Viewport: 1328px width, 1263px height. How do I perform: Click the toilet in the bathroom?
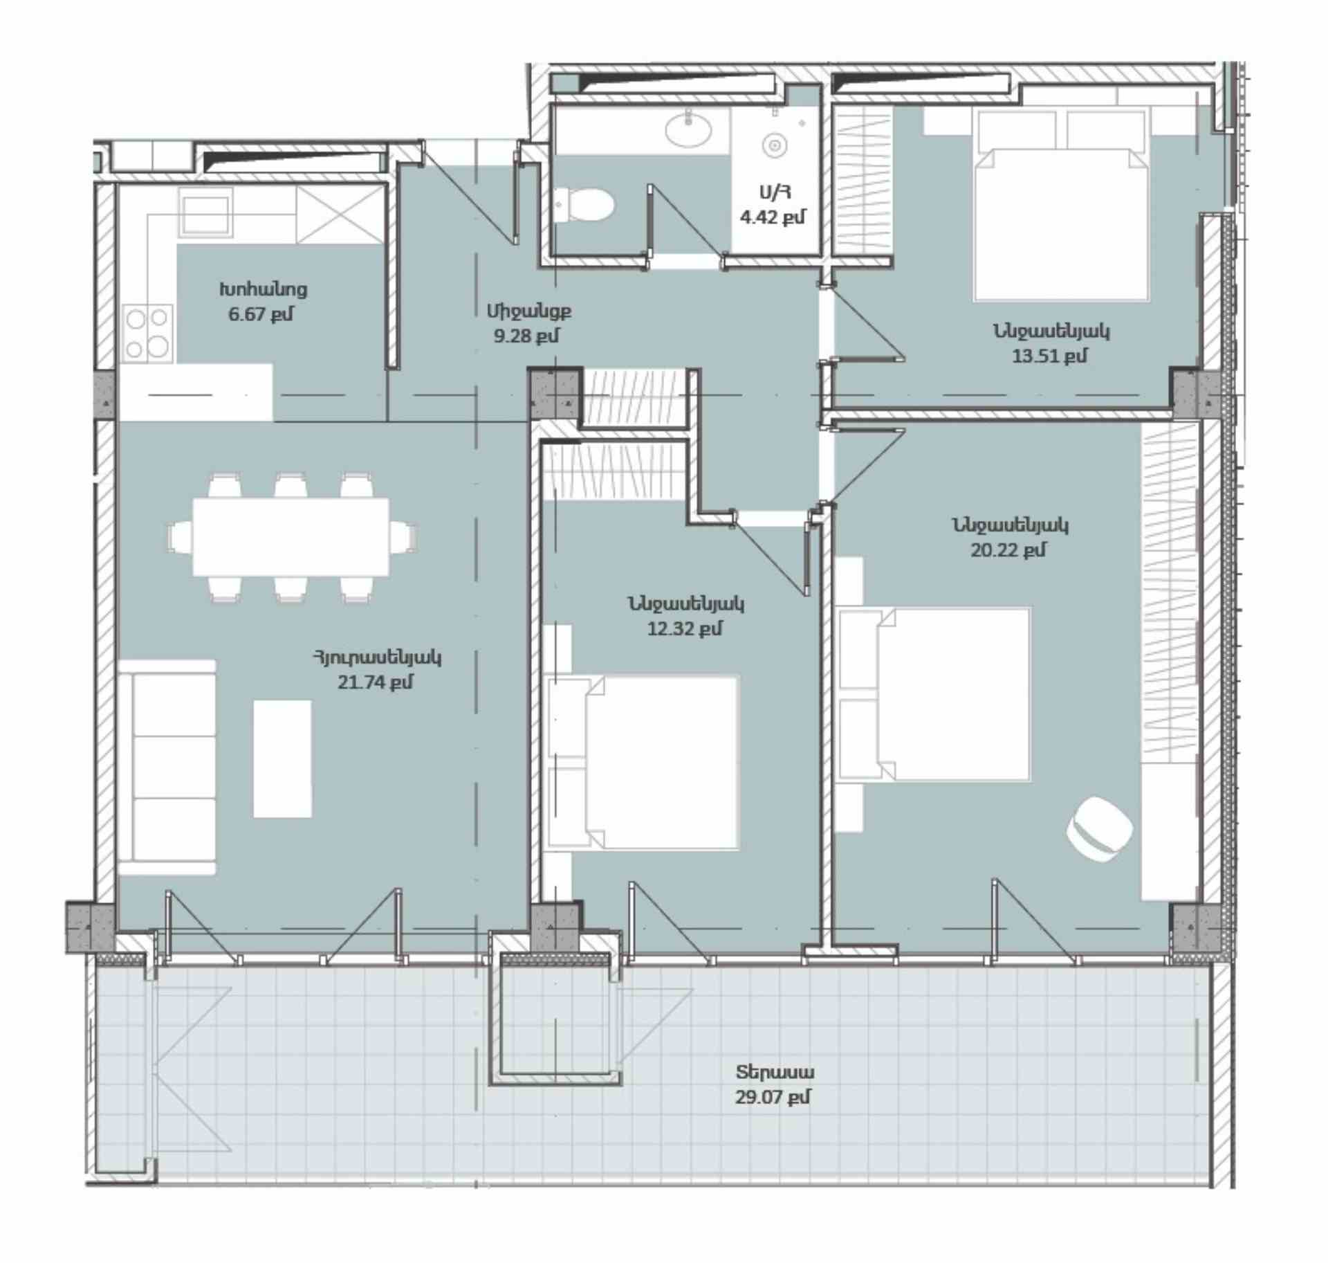(x=584, y=205)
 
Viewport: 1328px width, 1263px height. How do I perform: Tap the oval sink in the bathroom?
(x=688, y=129)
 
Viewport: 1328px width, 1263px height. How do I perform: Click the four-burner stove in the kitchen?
(x=147, y=334)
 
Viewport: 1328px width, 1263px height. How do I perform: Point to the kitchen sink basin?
(x=205, y=212)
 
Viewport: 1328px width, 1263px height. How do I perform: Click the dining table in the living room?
(x=290, y=536)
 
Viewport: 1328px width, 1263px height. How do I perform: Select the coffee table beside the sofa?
(x=282, y=758)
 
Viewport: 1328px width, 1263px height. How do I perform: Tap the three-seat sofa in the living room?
(x=167, y=767)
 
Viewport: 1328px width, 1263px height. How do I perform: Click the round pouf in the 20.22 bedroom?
(x=1099, y=828)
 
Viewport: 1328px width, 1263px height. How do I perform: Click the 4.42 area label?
(x=773, y=217)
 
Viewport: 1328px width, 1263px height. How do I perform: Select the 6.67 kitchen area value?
(x=261, y=314)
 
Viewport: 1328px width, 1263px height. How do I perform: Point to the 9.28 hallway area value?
(x=526, y=336)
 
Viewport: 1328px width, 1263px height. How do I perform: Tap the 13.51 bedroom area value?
(x=1049, y=356)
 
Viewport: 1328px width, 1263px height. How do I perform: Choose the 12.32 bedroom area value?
(x=685, y=629)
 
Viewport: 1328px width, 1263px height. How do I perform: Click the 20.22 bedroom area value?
(x=1008, y=550)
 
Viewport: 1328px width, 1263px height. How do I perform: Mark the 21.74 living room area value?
(x=376, y=682)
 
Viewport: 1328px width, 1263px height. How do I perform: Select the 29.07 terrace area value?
(x=773, y=1097)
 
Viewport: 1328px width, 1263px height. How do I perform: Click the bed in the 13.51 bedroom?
(x=1061, y=205)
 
